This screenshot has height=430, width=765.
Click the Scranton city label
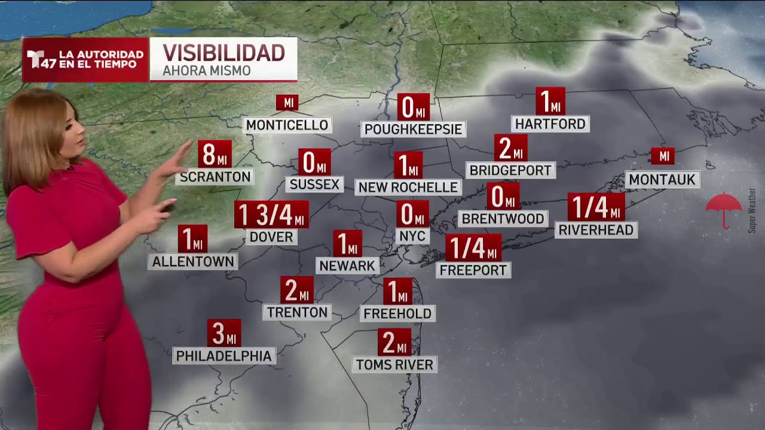(x=215, y=177)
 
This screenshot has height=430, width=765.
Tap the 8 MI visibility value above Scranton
(x=215, y=154)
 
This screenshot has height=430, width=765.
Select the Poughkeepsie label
(x=413, y=129)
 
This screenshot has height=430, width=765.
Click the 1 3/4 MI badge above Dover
(x=271, y=215)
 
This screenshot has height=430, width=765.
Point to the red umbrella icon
(x=723, y=209)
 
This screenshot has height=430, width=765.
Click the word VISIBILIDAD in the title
(x=224, y=53)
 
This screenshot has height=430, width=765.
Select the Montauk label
(x=662, y=179)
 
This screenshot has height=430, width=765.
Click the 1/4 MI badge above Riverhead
(x=596, y=207)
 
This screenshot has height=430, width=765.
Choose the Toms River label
(x=394, y=364)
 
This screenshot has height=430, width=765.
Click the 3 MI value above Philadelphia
(x=224, y=333)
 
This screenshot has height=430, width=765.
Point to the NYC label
(x=412, y=236)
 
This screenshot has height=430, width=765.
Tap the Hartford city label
(x=550, y=124)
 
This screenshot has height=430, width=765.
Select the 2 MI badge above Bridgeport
(x=510, y=148)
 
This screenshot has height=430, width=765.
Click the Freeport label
(x=473, y=270)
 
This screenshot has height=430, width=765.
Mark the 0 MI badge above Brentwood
(x=503, y=196)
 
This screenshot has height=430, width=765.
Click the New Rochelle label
(x=408, y=187)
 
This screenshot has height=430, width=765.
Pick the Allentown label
(x=192, y=261)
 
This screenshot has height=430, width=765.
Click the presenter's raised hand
(x=176, y=161)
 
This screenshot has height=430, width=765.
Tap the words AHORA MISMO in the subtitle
(x=207, y=71)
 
